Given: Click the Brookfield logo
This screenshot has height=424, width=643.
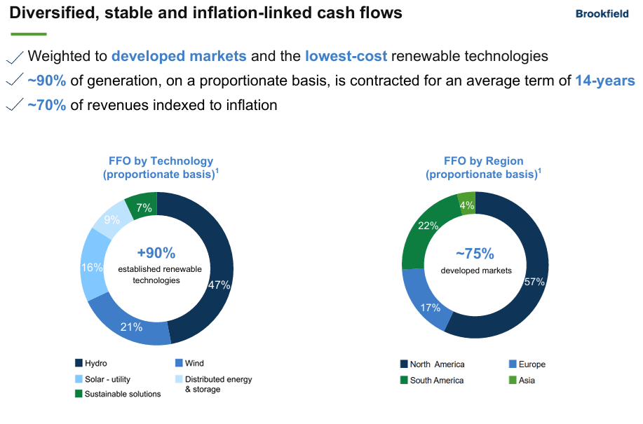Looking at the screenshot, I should [602, 13].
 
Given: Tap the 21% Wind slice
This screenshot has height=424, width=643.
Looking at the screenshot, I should [131, 326].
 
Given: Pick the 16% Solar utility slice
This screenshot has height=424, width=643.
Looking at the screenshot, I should [93, 267].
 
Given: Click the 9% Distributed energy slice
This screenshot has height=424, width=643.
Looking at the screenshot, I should [111, 219].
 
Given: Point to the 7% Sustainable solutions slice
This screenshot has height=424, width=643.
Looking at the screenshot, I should [144, 207].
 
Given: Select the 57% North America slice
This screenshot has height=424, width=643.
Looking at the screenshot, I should [533, 282].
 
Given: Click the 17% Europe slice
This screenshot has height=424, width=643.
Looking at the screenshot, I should [430, 306].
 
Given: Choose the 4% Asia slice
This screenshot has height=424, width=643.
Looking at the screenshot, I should [466, 205].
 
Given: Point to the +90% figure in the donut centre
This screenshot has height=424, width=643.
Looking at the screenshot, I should [156, 253].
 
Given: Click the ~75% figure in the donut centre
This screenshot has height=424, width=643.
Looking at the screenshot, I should [475, 254].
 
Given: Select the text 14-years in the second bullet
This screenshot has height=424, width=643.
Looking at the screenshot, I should [604, 81].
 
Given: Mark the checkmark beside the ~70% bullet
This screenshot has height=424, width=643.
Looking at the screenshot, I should [14, 105].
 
